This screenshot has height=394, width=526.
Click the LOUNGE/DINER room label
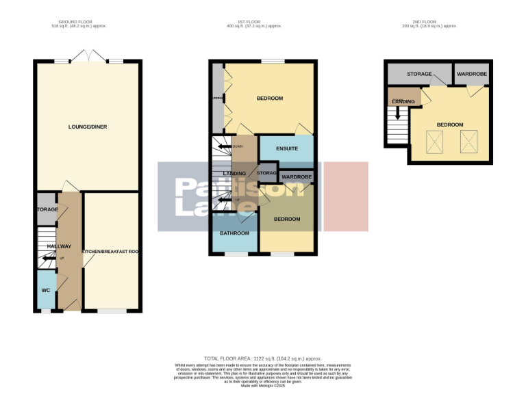[x=88, y=127]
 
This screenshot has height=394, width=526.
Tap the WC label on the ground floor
[x=46, y=291]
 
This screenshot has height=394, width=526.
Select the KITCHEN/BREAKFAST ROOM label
[x=110, y=252]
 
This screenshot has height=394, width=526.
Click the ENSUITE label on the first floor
[x=287, y=148]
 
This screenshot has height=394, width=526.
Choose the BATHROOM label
[x=235, y=233]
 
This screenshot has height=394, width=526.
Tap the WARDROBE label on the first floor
[x=297, y=177]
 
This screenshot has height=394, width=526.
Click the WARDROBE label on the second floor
[x=471, y=73]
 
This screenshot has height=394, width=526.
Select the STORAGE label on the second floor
[x=419, y=74]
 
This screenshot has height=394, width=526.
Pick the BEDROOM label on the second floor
[x=450, y=124]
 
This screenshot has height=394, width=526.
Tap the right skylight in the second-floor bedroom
[x=469, y=142]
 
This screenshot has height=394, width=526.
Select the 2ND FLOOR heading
[x=429, y=22]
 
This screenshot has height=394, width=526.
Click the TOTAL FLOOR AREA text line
[x=263, y=358]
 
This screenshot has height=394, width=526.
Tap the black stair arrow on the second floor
[x=397, y=123]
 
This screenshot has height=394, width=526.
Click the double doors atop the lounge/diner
[x=88, y=56]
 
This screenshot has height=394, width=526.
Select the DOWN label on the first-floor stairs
[x=238, y=146]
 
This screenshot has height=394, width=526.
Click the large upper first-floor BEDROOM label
[x=270, y=98]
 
